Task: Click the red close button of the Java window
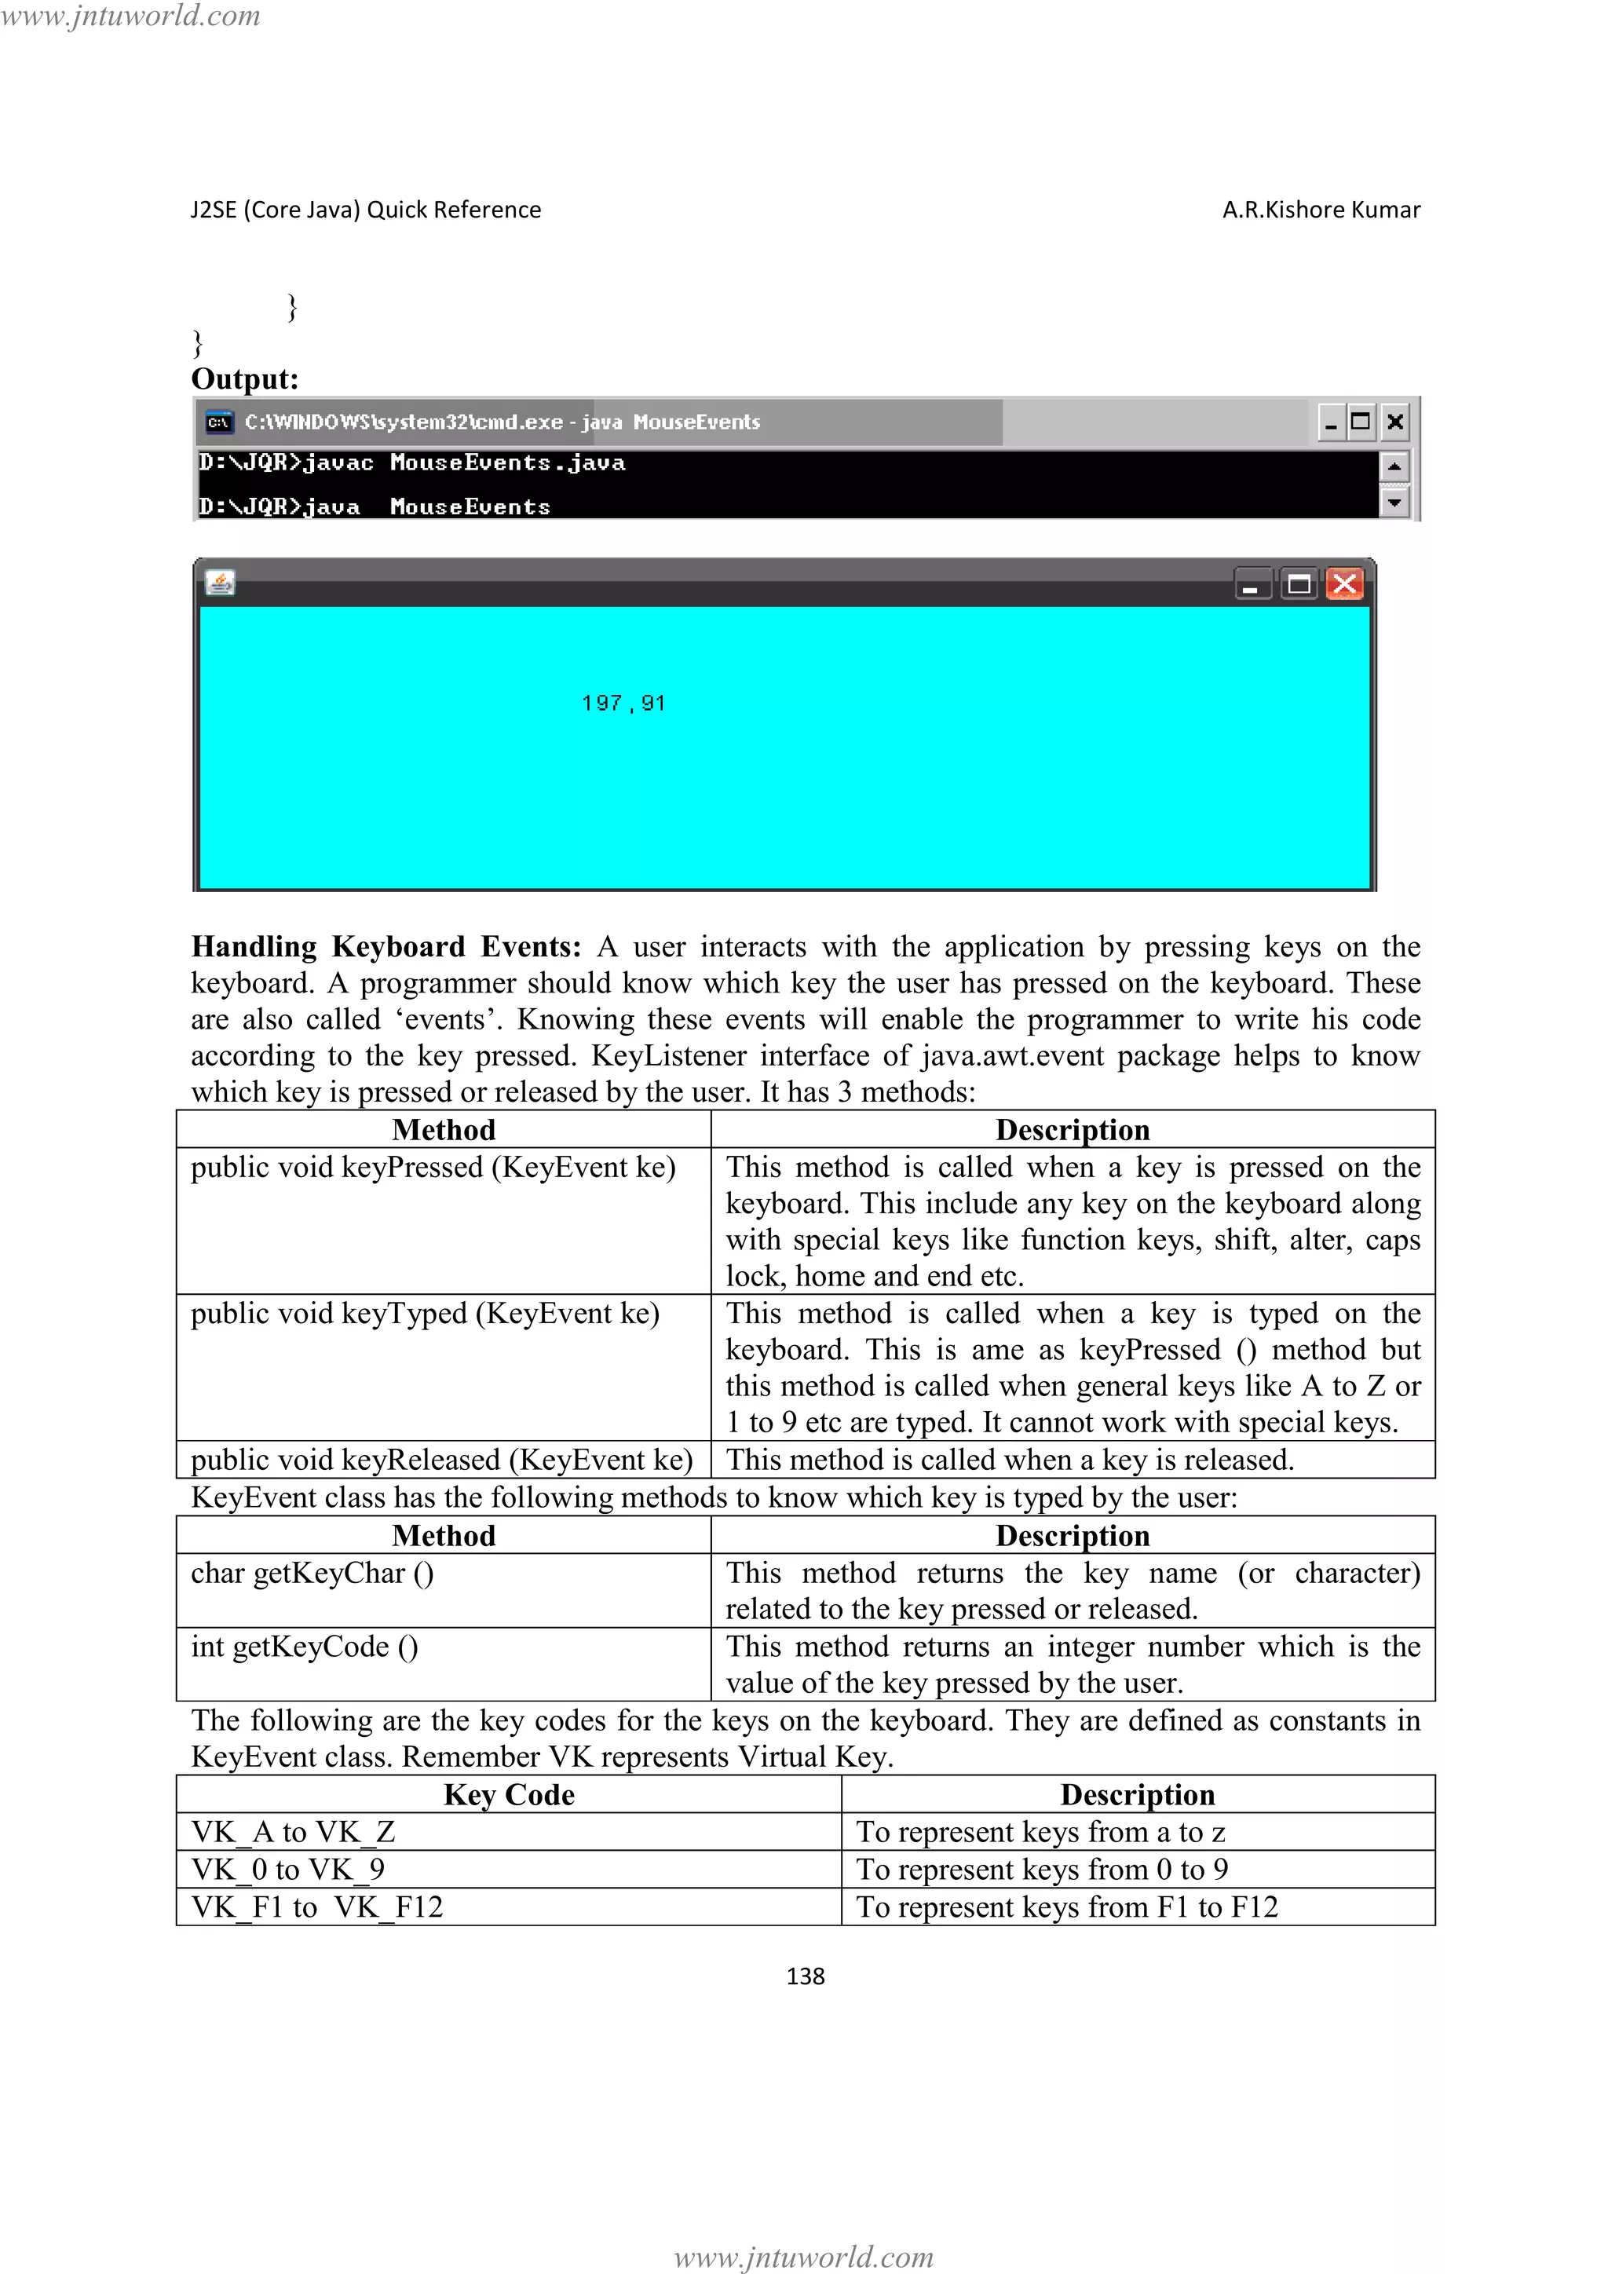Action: click(1343, 584)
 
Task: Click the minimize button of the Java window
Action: click(1252, 585)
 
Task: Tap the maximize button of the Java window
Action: click(1298, 584)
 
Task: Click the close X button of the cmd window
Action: click(1395, 422)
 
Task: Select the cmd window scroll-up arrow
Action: click(1394, 466)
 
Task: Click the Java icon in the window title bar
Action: click(220, 583)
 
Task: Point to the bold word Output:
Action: click(244, 379)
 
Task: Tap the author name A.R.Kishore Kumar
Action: click(1321, 210)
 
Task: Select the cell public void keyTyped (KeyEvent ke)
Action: click(425, 1314)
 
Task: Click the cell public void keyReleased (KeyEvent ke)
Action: click(441, 1460)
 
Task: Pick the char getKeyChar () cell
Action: click(312, 1573)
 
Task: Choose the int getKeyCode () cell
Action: click(304, 1646)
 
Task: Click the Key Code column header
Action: click(509, 1795)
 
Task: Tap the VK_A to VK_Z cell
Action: click(293, 1832)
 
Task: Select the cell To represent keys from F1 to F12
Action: click(1066, 1907)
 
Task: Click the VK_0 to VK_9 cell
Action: click(287, 1869)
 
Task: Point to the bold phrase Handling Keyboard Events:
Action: click(386, 947)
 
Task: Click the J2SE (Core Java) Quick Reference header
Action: click(365, 210)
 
